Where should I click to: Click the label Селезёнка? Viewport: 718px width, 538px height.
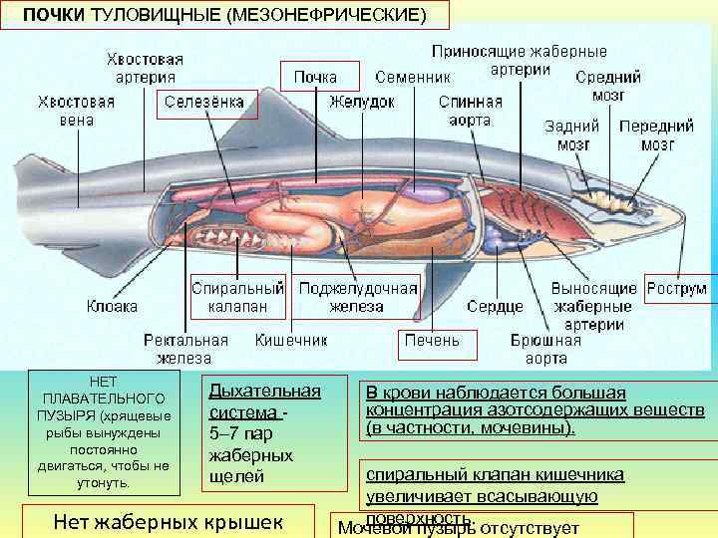click(207, 102)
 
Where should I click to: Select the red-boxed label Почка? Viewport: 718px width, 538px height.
click(315, 77)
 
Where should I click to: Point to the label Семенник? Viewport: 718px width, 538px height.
click(414, 77)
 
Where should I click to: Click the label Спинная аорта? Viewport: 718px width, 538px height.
click(471, 111)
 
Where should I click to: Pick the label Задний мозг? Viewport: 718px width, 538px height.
click(572, 135)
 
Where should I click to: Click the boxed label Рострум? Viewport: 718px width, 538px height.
click(677, 289)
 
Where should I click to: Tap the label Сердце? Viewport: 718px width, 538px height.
click(495, 306)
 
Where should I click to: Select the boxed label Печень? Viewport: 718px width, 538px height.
click(432, 341)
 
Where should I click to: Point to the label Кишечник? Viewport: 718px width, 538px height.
click(291, 341)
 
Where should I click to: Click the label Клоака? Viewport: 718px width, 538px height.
click(112, 306)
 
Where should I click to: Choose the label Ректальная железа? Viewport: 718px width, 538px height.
click(184, 349)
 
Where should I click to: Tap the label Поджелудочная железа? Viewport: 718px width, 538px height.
click(357, 297)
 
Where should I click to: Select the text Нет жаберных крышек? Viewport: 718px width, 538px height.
click(166, 520)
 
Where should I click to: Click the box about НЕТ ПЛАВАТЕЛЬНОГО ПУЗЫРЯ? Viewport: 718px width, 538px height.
click(103, 432)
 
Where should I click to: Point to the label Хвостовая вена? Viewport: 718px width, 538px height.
click(77, 111)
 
